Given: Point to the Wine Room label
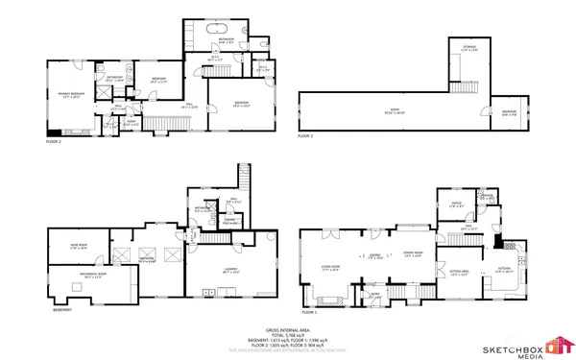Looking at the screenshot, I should click(x=80, y=247).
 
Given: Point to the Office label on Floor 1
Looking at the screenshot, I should click(x=457, y=204).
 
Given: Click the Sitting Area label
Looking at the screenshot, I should click(x=460, y=273).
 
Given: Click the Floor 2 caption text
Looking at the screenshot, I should click(x=54, y=141).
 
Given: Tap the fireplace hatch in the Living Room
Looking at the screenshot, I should click(x=318, y=294).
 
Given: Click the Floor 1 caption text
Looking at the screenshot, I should click(x=308, y=313).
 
